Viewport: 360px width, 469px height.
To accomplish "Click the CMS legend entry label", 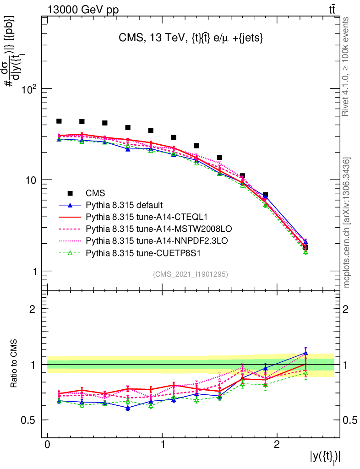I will [x=96, y=193].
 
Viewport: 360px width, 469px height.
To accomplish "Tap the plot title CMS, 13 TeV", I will [x=190, y=39].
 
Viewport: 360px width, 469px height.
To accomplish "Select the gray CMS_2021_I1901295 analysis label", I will [x=191, y=274].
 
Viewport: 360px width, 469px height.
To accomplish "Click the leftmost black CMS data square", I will [x=59, y=121].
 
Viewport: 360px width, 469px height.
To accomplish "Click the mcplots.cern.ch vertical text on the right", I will [x=347, y=223].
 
